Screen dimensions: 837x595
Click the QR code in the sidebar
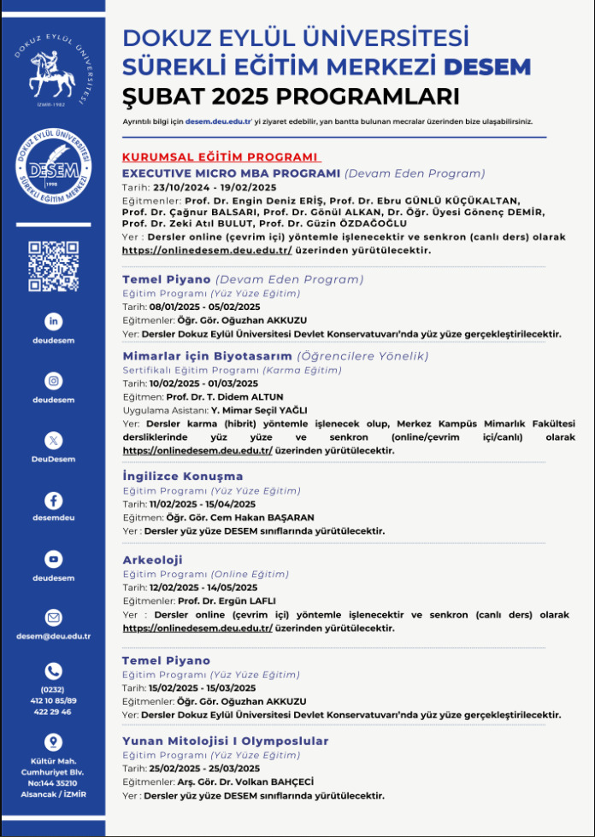coord(53,266)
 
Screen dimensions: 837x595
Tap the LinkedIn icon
coord(54,321)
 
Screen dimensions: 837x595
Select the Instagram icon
coord(54,381)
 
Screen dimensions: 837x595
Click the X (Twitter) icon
coord(54,440)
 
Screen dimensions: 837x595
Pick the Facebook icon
coord(54,500)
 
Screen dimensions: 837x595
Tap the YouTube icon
coord(54,559)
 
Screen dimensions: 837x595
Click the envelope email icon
coord(54,617)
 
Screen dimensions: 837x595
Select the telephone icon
coord(54,670)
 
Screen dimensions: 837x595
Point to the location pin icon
coord(54,741)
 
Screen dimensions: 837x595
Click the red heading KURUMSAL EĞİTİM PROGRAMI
coord(221,158)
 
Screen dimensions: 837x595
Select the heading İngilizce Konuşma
coord(183,476)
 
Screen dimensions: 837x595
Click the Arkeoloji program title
coord(153,559)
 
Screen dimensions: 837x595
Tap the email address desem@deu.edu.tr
coord(54,635)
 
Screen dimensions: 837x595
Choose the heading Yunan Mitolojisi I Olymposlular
coord(226,740)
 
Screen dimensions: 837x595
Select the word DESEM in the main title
coord(489,67)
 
